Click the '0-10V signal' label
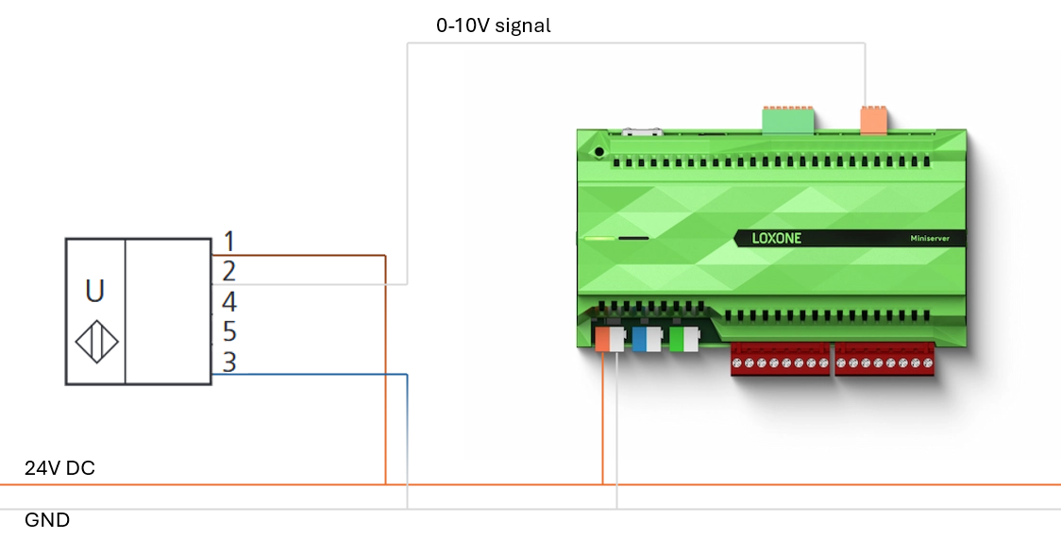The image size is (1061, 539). tap(493, 26)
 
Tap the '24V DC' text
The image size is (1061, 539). tap(59, 468)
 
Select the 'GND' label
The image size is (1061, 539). tap(47, 520)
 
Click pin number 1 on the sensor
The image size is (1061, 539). tap(227, 242)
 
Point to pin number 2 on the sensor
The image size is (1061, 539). tap(227, 272)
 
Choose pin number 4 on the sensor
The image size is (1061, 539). tap(228, 302)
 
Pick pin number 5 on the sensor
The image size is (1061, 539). tap(228, 332)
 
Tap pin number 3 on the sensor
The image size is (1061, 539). tap(228, 362)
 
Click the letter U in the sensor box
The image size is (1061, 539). tap(95, 291)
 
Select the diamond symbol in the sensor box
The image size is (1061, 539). tap(96, 343)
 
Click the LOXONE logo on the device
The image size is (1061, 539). tap(776, 238)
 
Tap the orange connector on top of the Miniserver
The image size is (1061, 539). tap(873, 120)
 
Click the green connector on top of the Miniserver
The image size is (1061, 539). tap(788, 119)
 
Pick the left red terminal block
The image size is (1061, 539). tap(780, 360)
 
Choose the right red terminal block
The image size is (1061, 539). tap(884, 360)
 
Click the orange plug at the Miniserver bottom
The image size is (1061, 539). tap(602, 338)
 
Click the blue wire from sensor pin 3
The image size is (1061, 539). tap(312, 375)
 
